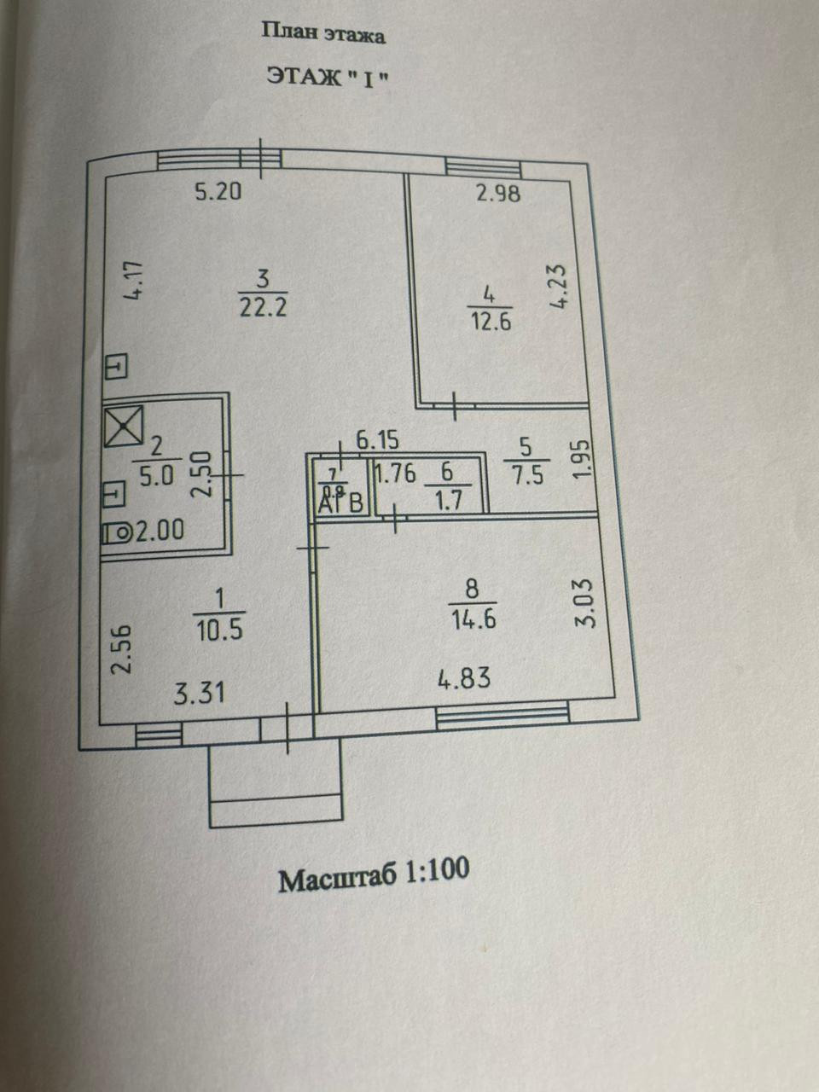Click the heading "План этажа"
click(x=322, y=34)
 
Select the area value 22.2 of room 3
click(x=263, y=306)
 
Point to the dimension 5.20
click(x=218, y=191)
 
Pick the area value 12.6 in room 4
click(x=489, y=322)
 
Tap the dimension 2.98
click(x=497, y=193)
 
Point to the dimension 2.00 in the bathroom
click(x=160, y=531)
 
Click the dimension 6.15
click(x=377, y=441)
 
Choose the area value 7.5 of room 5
click(x=526, y=474)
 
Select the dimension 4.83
click(x=464, y=679)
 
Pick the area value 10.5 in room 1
click(x=219, y=630)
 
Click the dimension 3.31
click(x=200, y=691)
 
